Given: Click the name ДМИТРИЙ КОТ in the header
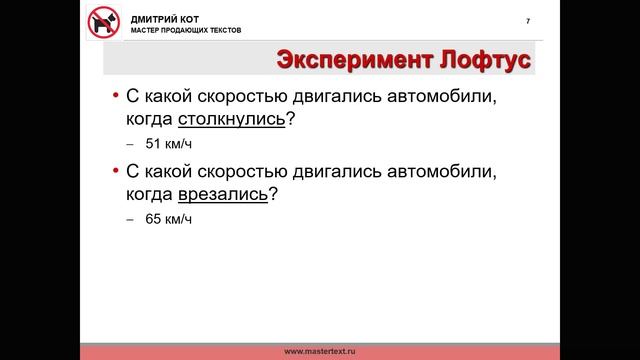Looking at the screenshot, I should click(160, 17).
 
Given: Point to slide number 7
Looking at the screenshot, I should click(528, 22).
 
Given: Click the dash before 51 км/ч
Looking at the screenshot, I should click(130, 145).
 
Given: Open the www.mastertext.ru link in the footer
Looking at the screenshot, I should click(320, 352).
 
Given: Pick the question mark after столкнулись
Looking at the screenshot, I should click(290, 120).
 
